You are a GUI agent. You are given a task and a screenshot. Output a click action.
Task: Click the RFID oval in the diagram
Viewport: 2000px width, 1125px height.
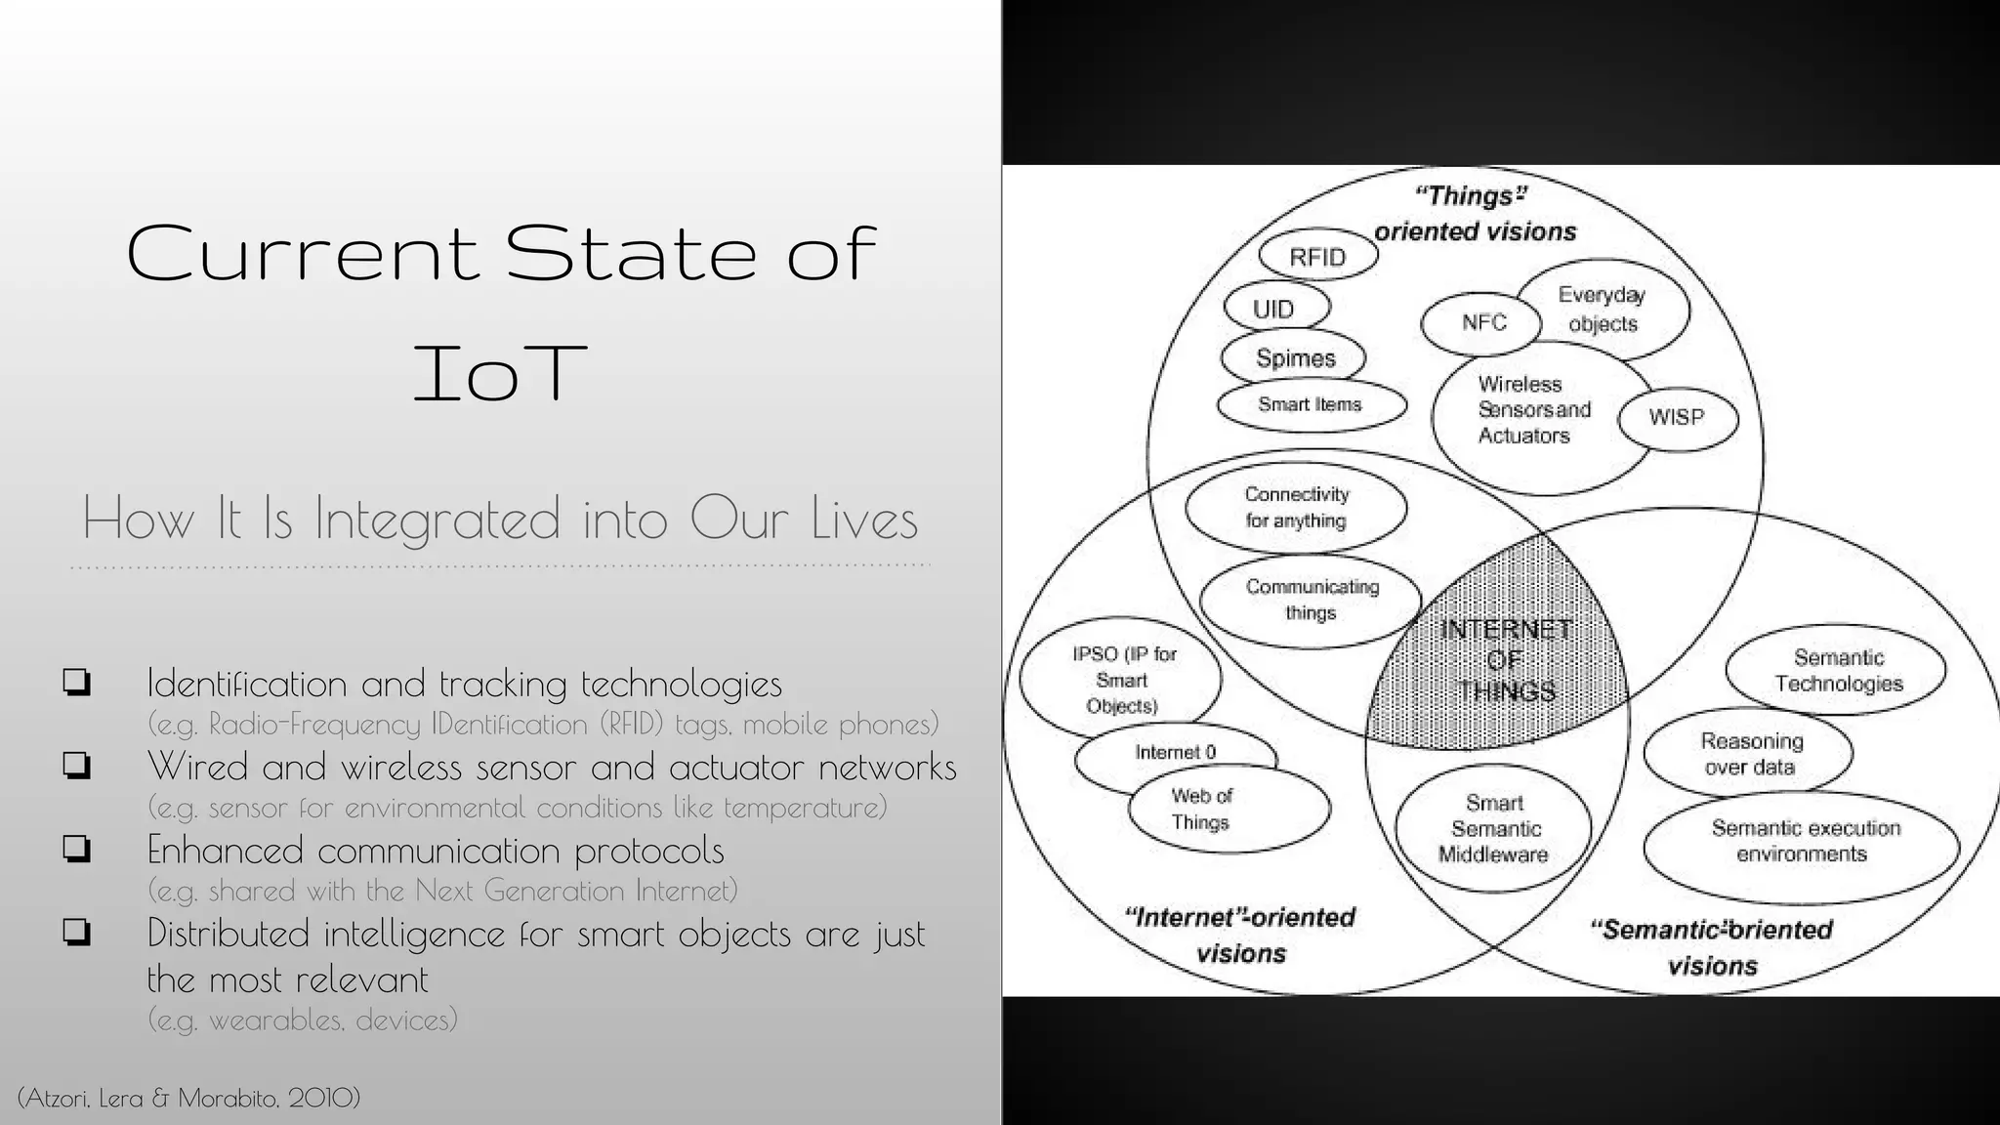pos(1317,257)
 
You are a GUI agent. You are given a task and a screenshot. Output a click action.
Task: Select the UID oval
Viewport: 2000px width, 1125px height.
pos(1275,309)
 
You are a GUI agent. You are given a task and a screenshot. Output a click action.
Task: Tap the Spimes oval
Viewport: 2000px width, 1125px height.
pos(1294,358)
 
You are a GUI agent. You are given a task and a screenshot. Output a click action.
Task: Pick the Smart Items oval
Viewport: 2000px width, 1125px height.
pos(1311,404)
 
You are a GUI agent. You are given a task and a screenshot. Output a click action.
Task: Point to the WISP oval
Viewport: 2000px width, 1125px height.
pos(1678,418)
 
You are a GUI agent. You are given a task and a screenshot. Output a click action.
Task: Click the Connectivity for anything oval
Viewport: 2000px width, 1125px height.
pos(1296,508)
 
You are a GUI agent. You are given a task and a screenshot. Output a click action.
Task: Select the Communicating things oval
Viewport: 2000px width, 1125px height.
pos(1311,600)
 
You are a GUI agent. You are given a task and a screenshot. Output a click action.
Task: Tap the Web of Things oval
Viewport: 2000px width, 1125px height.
pos(1228,810)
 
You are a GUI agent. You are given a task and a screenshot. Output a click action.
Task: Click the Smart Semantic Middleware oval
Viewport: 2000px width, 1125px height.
pos(1493,828)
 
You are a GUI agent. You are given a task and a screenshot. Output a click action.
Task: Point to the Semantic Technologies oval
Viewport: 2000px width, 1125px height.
pos(1836,671)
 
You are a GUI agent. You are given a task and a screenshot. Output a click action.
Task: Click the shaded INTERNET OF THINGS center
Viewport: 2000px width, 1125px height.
pos(1504,660)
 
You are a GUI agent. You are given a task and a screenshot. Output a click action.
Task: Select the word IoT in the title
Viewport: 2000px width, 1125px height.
pos(500,373)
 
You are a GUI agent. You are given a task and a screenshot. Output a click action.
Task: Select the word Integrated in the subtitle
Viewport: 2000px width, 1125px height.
pos(437,520)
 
